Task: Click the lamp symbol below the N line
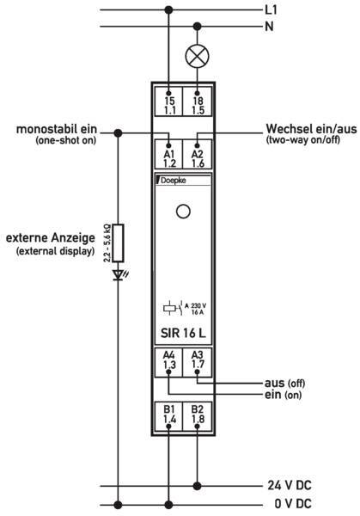(x=198, y=56)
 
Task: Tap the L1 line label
(x=272, y=9)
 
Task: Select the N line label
(x=269, y=26)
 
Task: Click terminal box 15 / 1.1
(x=169, y=101)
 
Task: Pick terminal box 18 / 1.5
(x=198, y=101)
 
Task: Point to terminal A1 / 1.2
(x=169, y=154)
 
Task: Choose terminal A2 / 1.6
(x=198, y=154)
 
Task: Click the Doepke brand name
(x=173, y=181)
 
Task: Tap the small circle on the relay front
(x=183, y=212)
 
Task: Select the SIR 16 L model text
(x=183, y=333)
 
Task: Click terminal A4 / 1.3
(x=169, y=362)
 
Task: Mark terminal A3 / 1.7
(x=198, y=362)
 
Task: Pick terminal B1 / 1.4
(x=169, y=416)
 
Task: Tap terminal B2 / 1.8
(x=198, y=416)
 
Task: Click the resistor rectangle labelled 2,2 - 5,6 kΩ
(x=118, y=243)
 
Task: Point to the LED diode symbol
(x=119, y=275)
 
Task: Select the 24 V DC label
(x=290, y=485)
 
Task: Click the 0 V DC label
(x=293, y=503)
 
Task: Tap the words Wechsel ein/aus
(x=311, y=129)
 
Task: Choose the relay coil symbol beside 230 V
(x=170, y=309)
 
